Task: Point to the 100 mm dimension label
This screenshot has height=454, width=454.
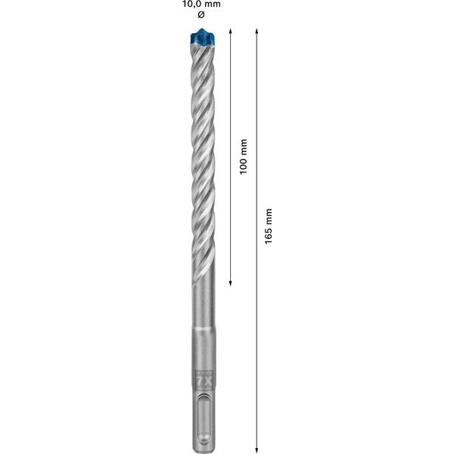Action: tap(243, 157)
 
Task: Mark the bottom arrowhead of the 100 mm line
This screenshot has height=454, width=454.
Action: tap(230, 284)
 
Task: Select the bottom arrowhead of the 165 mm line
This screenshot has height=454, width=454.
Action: tap(257, 445)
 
